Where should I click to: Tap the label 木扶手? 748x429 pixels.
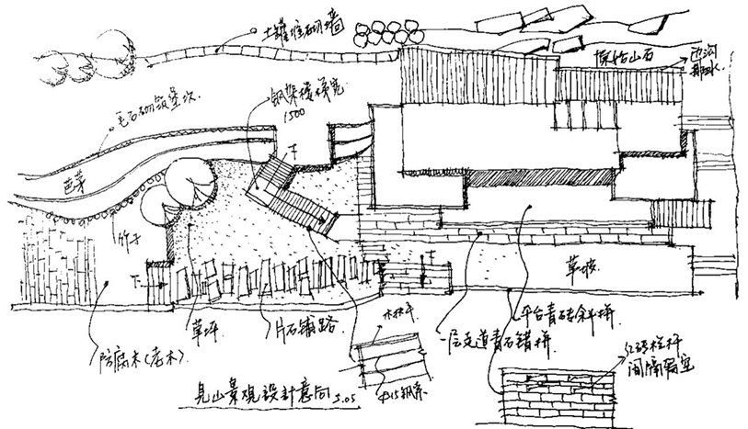click(406, 323)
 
